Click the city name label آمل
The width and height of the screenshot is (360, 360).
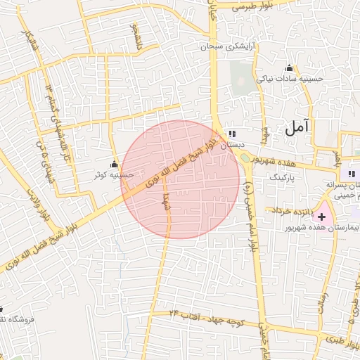297,128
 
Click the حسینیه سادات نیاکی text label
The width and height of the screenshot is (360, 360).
290,79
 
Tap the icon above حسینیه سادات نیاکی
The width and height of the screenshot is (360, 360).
289,68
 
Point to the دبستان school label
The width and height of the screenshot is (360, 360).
233,145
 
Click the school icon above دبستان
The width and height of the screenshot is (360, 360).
233,134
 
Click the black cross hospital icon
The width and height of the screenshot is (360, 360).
322,217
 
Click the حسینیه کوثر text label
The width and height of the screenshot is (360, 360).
115,174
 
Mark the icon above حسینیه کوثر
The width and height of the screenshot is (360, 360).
114,164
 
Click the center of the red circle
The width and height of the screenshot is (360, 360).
180,179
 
